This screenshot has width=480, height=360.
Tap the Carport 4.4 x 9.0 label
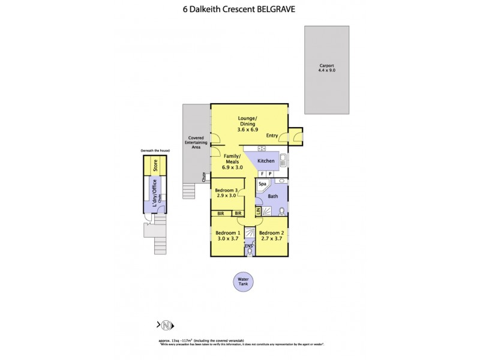point(327,68)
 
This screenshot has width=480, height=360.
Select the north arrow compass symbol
point(166,325)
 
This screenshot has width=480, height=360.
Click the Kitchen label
point(266,161)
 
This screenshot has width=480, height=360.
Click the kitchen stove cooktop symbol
point(262,148)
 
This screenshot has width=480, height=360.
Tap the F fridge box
point(262,173)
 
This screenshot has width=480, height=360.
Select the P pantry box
point(270,173)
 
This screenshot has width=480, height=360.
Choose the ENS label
point(248,247)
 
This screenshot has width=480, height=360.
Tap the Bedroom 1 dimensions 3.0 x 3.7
point(227,238)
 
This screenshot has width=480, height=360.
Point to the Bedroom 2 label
point(271,232)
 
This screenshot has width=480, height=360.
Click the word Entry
point(272,136)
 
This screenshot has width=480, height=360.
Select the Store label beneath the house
point(154,166)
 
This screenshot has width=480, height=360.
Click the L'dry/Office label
point(154,197)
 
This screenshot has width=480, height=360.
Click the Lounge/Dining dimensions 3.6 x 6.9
point(248,130)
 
